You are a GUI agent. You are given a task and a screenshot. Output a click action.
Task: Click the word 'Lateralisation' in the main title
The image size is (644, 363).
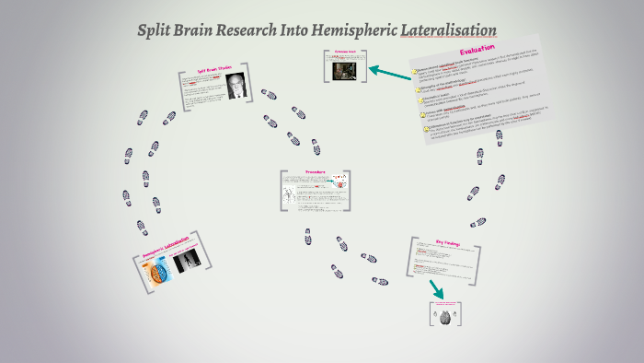coord(449,30)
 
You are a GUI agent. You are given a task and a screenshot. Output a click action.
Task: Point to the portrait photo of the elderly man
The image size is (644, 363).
coord(236,86)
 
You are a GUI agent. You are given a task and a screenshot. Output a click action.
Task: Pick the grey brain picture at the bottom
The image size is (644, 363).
coord(445,317)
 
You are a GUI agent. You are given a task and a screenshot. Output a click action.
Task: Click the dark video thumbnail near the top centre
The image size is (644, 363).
coord(346,68)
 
